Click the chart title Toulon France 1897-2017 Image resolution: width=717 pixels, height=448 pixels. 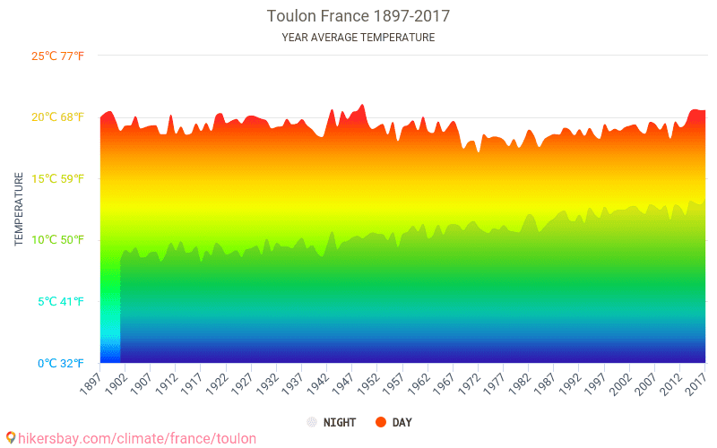tap(358, 16)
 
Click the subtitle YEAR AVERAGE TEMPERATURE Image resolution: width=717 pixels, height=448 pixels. tap(358, 38)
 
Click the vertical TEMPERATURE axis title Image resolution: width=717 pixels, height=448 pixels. tap(18, 210)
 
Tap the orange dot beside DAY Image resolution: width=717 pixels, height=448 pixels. tap(381, 422)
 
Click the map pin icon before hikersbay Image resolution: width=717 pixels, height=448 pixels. tap(10, 437)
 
